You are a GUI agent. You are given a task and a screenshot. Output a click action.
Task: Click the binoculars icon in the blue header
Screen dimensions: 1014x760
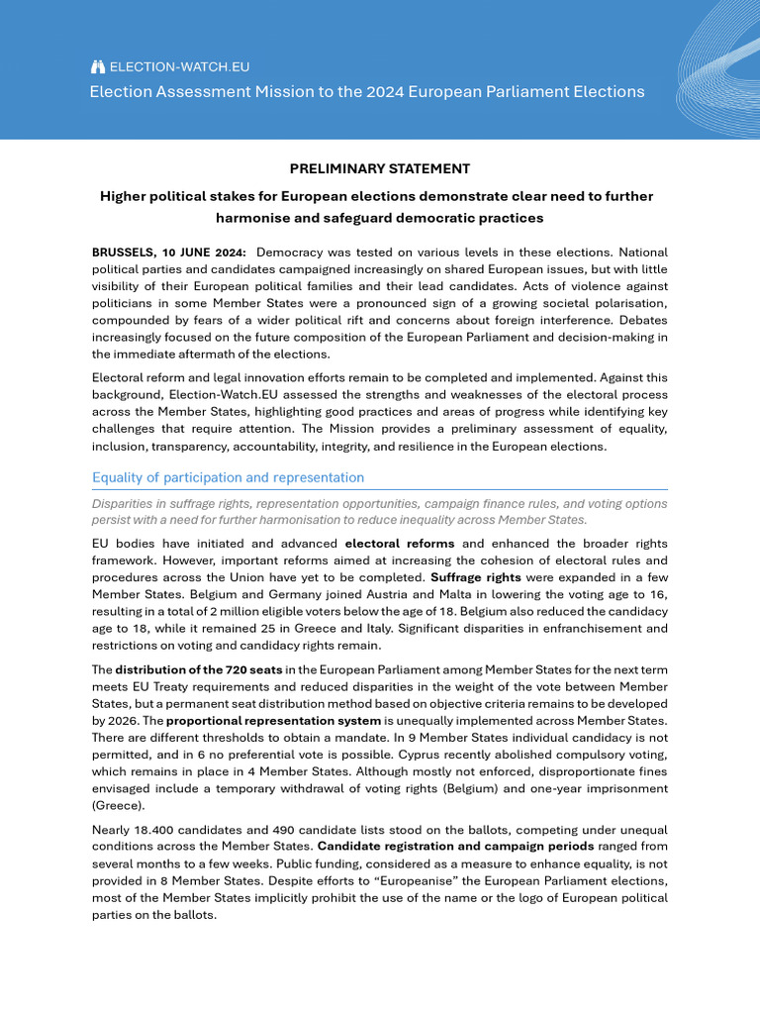[x=97, y=67]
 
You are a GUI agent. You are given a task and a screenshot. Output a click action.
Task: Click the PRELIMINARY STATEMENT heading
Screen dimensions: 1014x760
[x=380, y=169]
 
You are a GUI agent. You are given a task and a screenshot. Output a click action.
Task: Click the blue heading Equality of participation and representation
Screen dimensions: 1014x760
[x=228, y=477]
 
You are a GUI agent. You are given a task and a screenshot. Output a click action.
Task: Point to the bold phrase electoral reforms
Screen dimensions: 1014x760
[x=400, y=544]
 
